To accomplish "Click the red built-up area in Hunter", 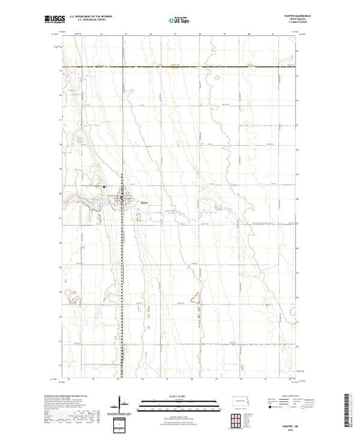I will tap(123, 200).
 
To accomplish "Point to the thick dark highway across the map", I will tap(180, 66).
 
